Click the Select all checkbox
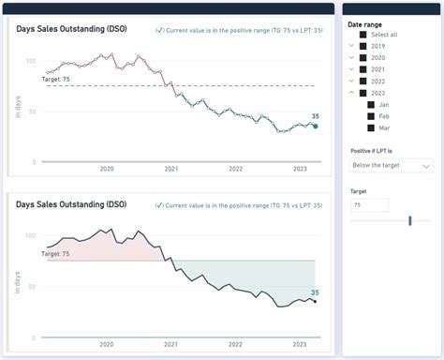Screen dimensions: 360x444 pos(363,34)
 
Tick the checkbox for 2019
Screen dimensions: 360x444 pos(363,45)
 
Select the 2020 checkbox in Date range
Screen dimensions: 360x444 pos(363,57)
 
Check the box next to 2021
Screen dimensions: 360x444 pos(363,68)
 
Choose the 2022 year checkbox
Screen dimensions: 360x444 pos(363,81)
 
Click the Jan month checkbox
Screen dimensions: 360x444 pos(371,104)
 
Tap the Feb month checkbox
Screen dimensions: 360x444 pos(371,115)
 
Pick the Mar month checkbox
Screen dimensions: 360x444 pos(371,127)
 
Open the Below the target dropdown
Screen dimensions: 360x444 pos(390,165)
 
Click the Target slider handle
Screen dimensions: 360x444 pos(410,220)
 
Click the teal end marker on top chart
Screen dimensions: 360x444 pos(315,126)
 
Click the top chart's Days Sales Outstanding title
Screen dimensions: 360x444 pos(71,29)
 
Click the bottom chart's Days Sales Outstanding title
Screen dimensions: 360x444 pos(71,202)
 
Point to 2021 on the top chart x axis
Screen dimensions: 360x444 pos(171,169)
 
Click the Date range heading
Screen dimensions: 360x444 pos(363,22)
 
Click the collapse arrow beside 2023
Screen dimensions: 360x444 pos(351,93)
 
